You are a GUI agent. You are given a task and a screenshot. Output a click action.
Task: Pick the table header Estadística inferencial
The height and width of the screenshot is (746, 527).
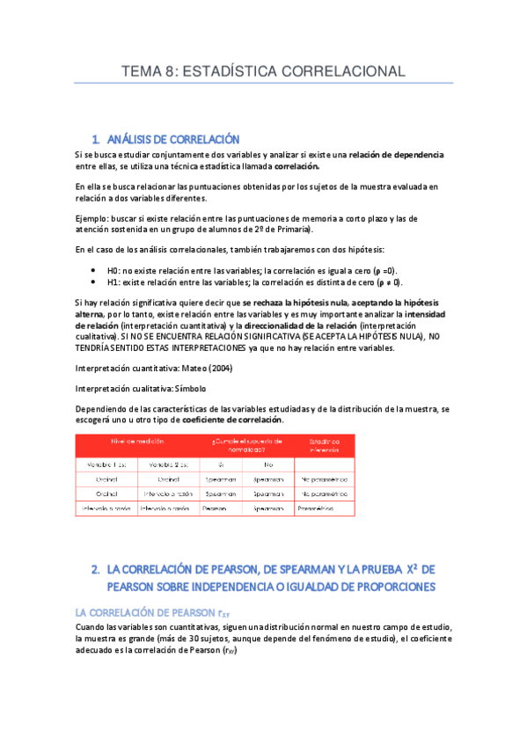(324, 444)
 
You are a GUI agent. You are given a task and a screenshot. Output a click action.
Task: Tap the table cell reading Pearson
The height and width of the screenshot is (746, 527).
(215, 508)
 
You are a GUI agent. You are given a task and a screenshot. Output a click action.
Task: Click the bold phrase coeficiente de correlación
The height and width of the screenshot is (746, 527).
(232, 420)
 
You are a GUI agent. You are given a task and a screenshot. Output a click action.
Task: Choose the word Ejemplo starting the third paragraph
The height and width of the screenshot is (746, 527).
(93, 217)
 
